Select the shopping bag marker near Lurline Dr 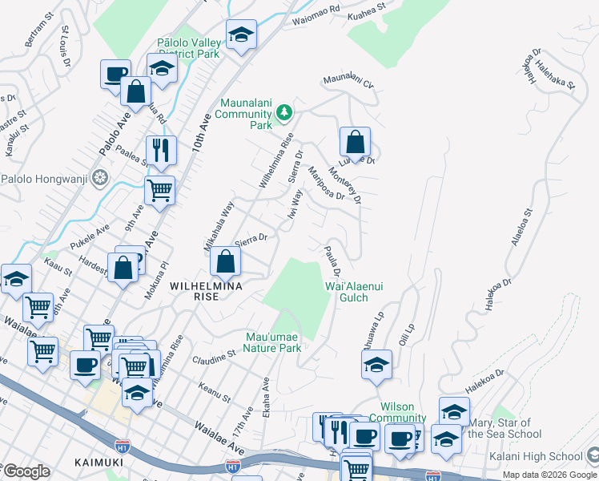pos(355,143)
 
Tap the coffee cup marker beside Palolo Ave pos(116,75)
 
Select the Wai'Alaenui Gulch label pos(346,292)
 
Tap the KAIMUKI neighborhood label pos(97,462)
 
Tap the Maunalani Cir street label pos(348,82)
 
